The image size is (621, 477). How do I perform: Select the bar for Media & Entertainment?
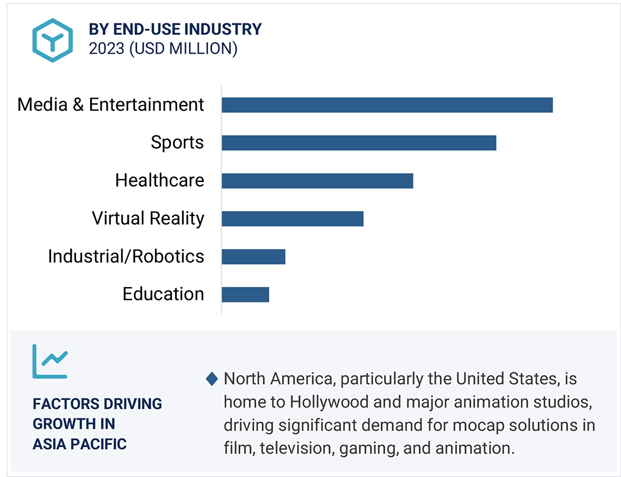tap(387, 105)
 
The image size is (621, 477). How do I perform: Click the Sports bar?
tap(359, 143)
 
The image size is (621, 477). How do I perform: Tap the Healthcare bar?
tap(317, 181)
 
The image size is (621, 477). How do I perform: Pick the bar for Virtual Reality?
tap(292, 219)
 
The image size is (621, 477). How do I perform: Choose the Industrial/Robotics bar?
tap(253, 257)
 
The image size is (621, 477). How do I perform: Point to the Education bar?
tap(245, 294)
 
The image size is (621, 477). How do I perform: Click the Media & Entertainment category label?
tap(110, 105)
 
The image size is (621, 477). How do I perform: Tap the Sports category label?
tap(177, 143)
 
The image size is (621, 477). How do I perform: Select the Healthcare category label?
tap(160, 181)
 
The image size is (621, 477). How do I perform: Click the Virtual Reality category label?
tap(148, 219)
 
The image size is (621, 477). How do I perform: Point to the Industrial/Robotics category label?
tap(126, 257)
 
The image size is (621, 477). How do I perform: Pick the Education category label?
tap(163, 294)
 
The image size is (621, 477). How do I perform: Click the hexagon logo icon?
tap(51, 40)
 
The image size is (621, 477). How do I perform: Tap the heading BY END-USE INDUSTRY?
tap(175, 29)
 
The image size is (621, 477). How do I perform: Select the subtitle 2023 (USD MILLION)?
tap(163, 49)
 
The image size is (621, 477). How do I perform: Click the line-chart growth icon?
tap(50, 361)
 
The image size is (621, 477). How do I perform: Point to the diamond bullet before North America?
tap(212, 379)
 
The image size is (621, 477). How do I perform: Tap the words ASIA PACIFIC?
tap(80, 444)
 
